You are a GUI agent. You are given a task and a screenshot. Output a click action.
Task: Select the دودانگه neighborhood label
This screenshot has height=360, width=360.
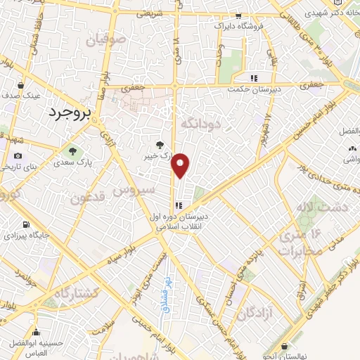[202, 123]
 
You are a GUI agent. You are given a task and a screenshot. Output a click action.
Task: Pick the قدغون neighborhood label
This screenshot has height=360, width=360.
[88, 199]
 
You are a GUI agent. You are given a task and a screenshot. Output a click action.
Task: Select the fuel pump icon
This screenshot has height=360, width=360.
[27, 225]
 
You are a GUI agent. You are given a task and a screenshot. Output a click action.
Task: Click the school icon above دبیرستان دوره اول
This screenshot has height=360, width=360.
[179, 205]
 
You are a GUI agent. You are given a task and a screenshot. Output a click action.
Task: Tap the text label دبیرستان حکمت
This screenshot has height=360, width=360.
[258, 90]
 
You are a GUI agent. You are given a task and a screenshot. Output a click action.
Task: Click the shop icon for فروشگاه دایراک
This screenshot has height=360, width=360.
[239, 15]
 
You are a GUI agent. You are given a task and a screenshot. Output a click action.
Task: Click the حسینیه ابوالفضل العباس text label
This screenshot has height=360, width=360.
[35, 340]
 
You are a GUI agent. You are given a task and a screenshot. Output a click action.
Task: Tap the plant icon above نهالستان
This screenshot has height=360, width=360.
[284, 346]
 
